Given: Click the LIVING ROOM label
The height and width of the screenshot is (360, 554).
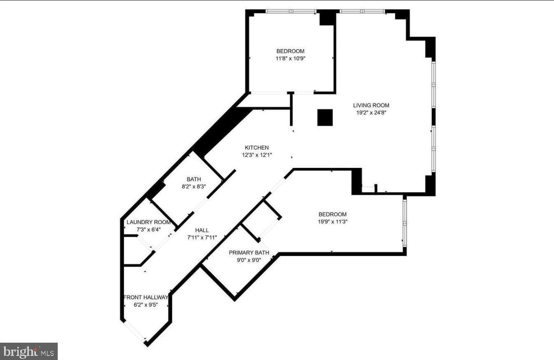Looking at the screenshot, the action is (371, 105).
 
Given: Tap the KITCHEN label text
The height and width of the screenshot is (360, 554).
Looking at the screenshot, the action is (257, 148).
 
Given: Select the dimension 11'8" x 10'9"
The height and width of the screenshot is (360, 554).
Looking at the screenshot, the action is (291, 59).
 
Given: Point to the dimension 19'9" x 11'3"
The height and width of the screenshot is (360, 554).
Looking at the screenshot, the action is (333, 222).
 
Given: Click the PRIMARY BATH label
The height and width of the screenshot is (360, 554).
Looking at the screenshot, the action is (249, 253).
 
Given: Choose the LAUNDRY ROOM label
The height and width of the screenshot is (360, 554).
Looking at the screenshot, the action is (149, 222).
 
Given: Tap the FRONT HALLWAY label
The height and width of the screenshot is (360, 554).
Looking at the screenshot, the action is (146, 297).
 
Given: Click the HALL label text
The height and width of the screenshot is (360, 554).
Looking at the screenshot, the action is (202, 230).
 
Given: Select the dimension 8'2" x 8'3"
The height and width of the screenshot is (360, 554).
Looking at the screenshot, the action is (194, 186).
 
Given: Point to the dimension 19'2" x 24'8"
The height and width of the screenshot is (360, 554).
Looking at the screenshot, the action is (371, 113).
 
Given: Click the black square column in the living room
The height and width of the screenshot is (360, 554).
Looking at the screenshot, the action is (325, 118).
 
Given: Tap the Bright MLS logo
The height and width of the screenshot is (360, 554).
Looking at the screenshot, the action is (29, 351).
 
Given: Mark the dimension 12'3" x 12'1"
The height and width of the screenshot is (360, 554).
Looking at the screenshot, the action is (257, 155).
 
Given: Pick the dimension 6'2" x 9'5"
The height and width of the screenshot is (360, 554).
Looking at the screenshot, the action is (146, 305).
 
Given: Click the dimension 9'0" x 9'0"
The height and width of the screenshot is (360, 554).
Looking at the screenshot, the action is (249, 260).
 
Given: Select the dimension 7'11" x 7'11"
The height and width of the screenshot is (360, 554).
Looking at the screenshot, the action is (202, 238).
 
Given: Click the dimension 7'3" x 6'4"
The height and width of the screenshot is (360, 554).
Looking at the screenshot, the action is (149, 230).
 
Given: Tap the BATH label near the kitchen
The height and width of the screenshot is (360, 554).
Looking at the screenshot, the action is (194, 179).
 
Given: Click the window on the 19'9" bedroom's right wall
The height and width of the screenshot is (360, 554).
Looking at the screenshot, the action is (405, 223).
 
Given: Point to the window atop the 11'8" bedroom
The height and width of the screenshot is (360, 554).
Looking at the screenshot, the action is (291, 11).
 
